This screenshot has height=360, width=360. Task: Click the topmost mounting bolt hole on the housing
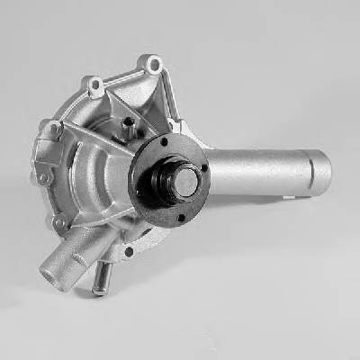[155, 64]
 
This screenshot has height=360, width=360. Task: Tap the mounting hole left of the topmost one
[94, 86]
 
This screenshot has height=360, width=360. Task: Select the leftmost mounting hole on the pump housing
[41, 176]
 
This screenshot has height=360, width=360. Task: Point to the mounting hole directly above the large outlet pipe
[59, 221]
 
